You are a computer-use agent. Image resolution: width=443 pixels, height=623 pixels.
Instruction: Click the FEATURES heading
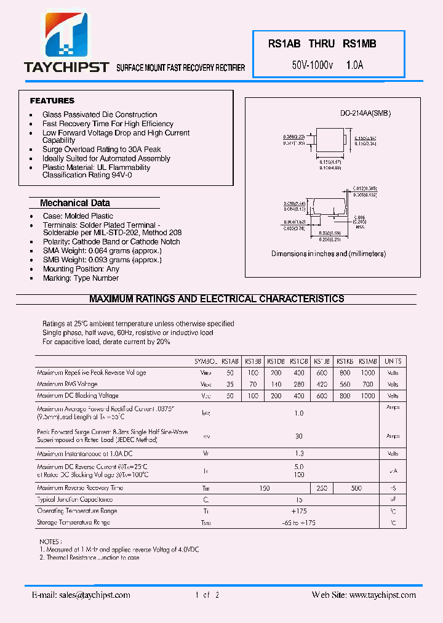[x=52, y=100]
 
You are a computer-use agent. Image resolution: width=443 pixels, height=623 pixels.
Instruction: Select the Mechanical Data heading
[x=75, y=203]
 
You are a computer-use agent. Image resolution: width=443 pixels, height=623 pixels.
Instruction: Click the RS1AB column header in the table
[x=230, y=361]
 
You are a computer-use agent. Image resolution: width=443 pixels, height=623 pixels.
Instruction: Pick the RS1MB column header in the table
[x=367, y=361]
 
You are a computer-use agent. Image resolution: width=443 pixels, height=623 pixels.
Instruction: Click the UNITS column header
[x=393, y=361]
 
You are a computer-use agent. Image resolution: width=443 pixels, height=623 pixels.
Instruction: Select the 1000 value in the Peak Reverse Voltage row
[x=367, y=373]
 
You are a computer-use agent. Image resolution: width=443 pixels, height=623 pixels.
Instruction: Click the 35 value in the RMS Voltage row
[x=230, y=384]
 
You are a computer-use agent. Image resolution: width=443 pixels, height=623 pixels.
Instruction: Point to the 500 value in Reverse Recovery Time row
[x=356, y=488]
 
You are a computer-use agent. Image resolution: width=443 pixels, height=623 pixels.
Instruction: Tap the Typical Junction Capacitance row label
[x=74, y=499]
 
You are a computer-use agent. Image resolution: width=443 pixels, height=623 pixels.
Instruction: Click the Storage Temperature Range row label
[x=73, y=522]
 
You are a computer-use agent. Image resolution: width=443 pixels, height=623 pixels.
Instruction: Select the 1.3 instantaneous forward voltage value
[x=299, y=453]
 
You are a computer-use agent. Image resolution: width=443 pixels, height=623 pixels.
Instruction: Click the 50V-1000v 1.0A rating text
[x=327, y=64]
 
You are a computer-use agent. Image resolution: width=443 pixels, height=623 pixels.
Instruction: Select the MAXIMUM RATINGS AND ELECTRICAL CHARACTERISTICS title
[x=217, y=299]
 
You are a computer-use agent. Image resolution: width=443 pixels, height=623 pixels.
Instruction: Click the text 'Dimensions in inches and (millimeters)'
[x=329, y=254]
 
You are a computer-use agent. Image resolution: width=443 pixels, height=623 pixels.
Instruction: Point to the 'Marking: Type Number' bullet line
[x=81, y=278]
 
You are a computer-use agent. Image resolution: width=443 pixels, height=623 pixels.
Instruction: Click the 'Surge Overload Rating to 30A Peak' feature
[x=102, y=150]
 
